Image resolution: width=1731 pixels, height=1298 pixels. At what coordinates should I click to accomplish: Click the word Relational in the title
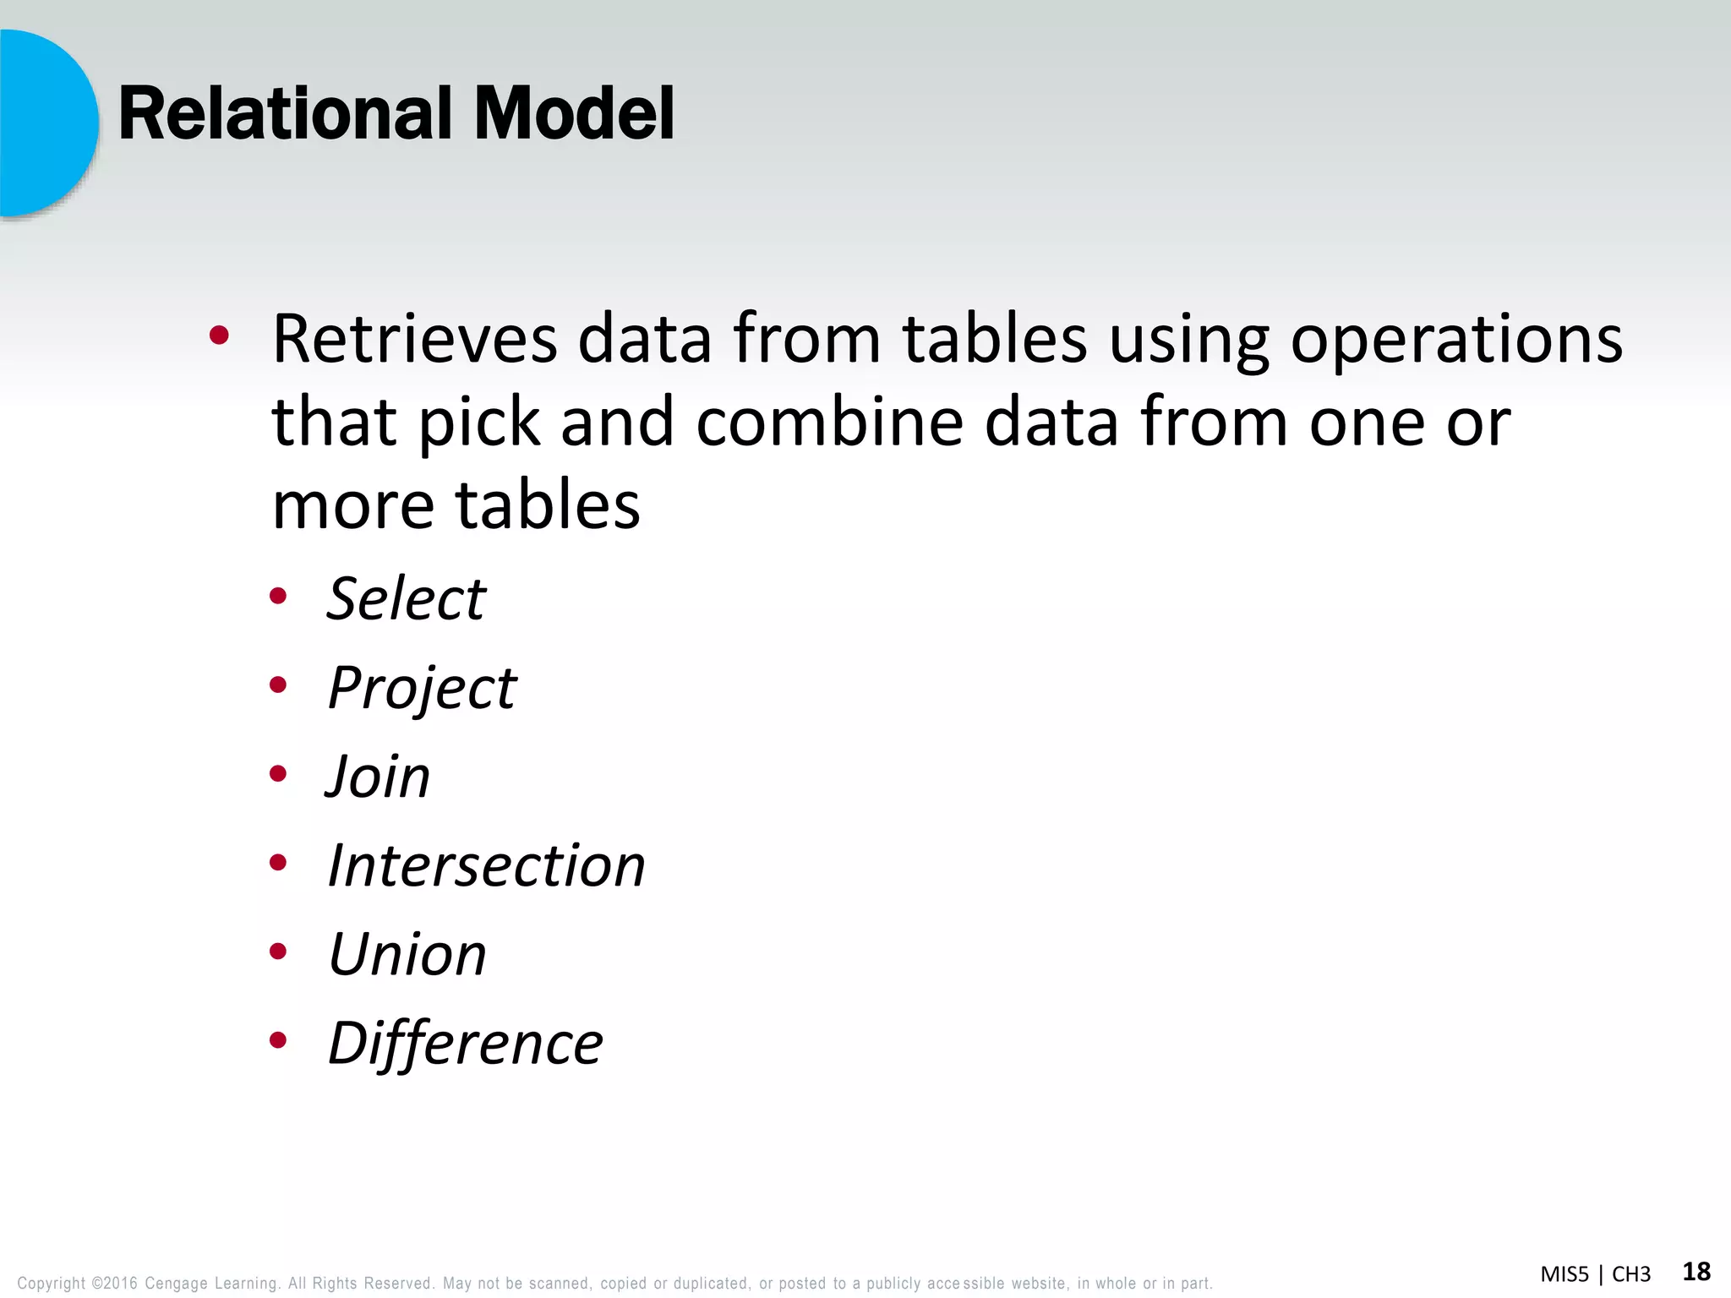pos(287,114)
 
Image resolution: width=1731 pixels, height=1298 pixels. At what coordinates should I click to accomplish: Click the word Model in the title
pos(574,114)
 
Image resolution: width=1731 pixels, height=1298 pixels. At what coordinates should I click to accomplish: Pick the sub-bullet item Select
pos(407,599)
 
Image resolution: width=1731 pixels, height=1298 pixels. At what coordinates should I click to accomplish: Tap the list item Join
pos(379,777)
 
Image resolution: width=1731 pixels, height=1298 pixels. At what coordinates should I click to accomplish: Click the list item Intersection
pos(486,866)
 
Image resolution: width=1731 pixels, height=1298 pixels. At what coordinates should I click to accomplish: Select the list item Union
pos(407,955)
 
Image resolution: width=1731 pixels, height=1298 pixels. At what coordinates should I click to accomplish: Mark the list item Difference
pos(465,1044)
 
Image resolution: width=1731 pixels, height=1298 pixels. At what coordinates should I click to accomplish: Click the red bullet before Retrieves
pos(219,336)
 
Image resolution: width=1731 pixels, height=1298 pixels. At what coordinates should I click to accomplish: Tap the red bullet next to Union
pos(278,952)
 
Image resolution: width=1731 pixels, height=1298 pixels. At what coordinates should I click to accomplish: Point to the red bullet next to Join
pos(278,774)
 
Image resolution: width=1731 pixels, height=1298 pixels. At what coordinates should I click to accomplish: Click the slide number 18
pos(1696,1272)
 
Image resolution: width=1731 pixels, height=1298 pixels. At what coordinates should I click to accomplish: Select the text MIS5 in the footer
pos(1564,1274)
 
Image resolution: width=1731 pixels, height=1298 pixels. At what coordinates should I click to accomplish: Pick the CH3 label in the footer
pos(1631,1274)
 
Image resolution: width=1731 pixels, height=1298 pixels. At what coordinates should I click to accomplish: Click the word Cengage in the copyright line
pos(176,1284)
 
